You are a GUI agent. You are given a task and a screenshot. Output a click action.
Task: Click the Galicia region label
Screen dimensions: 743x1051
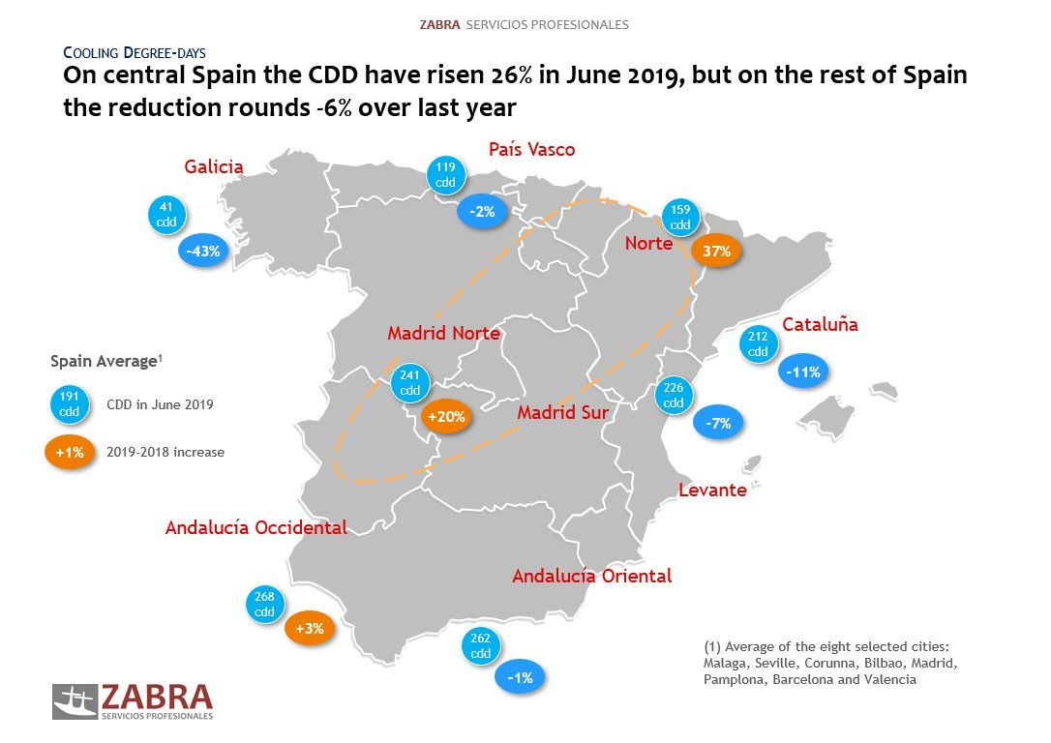point(214,167)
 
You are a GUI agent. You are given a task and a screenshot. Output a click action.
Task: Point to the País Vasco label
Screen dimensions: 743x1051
point(531,149)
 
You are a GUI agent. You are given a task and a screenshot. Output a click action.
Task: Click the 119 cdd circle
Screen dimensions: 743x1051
point(445,174)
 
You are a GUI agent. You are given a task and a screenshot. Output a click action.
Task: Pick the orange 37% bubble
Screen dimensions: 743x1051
point(716,252)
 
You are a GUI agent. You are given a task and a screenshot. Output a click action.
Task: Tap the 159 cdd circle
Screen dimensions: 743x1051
point(680,218)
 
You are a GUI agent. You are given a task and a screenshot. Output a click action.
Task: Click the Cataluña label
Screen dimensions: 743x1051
point(820,325)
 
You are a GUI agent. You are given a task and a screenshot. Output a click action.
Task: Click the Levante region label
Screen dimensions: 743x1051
point(712,490)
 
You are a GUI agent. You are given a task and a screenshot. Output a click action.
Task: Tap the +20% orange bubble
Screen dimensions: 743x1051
point(446,418)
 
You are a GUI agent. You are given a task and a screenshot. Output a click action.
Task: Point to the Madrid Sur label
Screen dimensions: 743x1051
point(562,412)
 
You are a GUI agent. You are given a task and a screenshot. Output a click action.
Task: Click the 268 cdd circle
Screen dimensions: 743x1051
point(264,605)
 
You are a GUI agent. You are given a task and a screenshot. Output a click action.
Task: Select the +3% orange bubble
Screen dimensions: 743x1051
point(310,629)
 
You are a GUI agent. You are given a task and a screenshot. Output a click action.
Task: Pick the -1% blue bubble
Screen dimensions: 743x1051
point(520,678)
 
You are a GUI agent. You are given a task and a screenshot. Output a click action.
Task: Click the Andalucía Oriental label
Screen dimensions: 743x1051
point(591,576)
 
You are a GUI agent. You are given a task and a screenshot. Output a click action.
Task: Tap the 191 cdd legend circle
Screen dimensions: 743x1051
point(71,404)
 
